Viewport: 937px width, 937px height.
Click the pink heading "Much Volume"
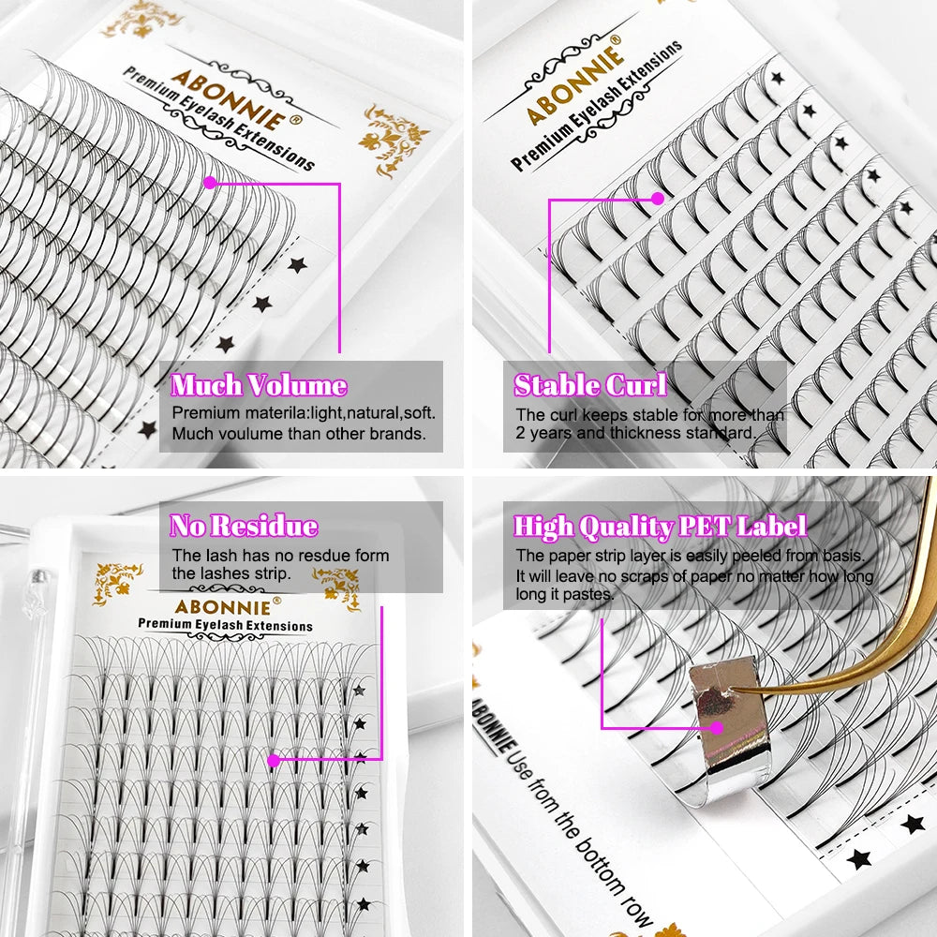coord(259,385)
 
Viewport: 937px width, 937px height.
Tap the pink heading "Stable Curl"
coord(590,385)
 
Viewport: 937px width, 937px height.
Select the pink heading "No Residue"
coord(244,526)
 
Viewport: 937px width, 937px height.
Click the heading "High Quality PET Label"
coord(660,527)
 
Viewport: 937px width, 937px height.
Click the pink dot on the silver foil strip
coord(718,726)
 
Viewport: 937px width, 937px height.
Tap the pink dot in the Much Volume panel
coord(210,182)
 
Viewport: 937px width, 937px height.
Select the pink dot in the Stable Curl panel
coord(658,198)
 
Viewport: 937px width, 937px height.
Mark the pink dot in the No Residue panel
coord(274,760)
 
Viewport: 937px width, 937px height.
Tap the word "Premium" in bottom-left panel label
coord(165,624)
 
